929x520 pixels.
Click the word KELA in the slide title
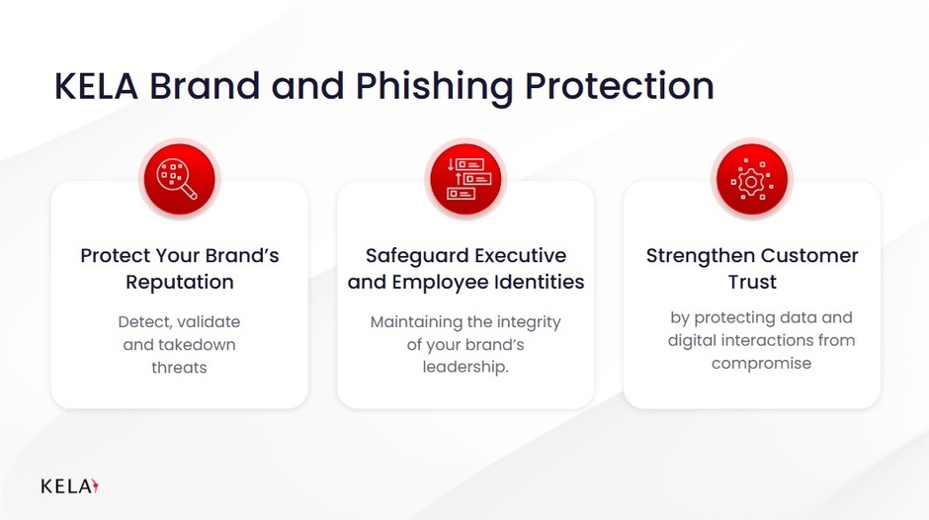pyautogui.click(x=96, y=87)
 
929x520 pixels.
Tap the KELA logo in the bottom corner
pyautogui.click(x=70, y=486)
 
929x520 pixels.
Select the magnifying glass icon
pyautogui.click(x=179, y=179)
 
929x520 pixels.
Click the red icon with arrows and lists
pyautogui.click(x=465, y=179)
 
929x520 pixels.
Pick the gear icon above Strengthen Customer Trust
pyautogui.click(x=752, y=179)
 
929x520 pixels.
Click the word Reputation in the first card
pyautogui.click(x=179, y=282)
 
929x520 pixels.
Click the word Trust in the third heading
pyautogui.click(x=752, y=282)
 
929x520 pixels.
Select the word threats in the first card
pyautogui.click(x=179, y=367)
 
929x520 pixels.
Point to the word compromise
pyautogui.click(x=761, y=363)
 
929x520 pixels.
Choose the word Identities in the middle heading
pyautogui.click(x=538, y=282)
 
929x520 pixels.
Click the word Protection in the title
pyautogui.click(x=619, y=87)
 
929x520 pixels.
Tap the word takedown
pyautogui.click(x=201, y=345)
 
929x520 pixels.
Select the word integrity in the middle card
pyautogui.click(x=525, y=323)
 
